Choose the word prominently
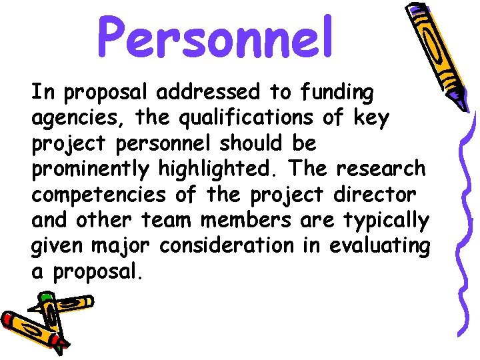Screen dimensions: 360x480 91,169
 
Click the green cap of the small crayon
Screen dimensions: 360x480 45,296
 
